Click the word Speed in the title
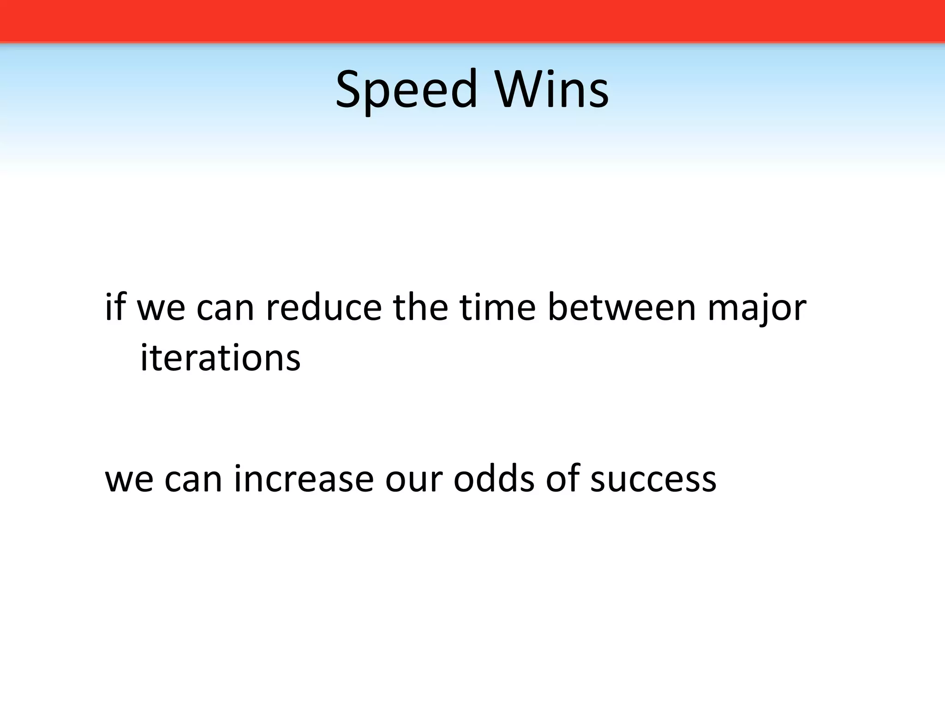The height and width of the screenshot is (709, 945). point(406,90)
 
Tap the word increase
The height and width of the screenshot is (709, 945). point(304,479)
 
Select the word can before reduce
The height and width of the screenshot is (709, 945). point(225,308)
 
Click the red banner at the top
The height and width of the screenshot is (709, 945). point(472,21)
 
